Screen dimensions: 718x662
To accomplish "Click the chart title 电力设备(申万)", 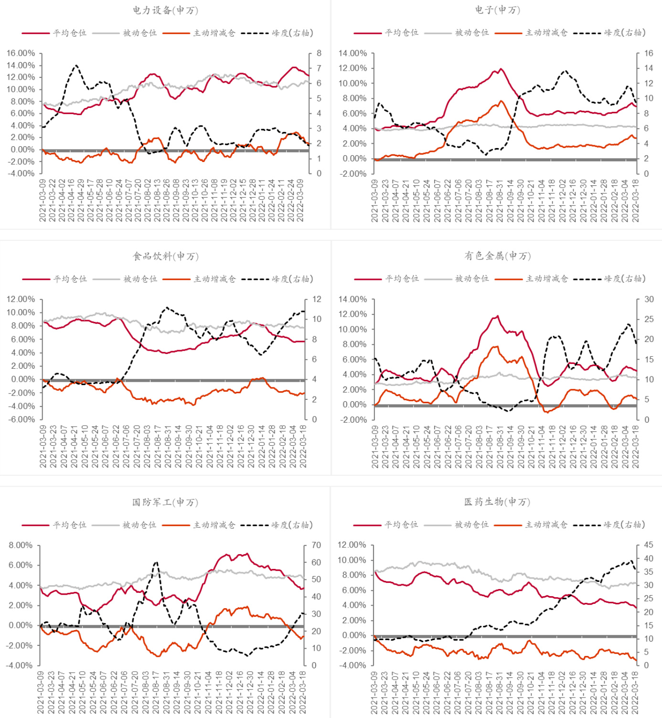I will (165, 10).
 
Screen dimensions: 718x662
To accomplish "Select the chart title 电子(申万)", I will (497, 10).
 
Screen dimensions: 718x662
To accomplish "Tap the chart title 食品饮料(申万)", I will (165, 256).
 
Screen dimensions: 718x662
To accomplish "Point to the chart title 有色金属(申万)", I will (497, 256).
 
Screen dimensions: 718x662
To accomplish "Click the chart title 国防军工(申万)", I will (165, 502).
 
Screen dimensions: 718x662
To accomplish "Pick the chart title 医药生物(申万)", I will (497, 502).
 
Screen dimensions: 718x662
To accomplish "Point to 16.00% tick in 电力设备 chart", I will (21, 53).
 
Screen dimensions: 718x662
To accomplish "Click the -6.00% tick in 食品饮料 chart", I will (21, 419).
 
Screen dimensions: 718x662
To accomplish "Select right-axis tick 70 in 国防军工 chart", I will (316, 545).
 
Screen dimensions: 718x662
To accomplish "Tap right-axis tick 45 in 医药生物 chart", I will (648, 545).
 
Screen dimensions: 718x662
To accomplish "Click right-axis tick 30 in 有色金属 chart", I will (649, 299).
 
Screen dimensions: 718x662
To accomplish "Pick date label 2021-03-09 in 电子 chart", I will (374, 201).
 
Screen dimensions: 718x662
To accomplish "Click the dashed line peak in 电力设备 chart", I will (76, 65).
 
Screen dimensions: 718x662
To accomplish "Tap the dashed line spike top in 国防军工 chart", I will (156, 563).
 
